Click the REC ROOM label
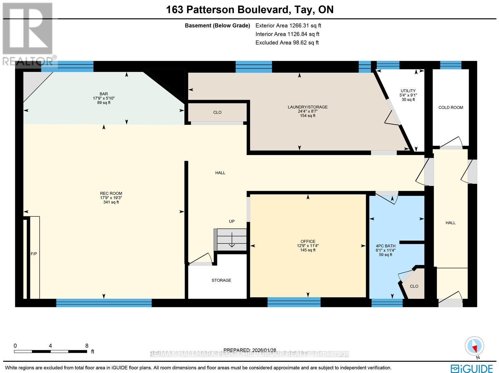[111, 193]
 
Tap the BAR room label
[104, 94]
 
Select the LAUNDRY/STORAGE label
[308, 107]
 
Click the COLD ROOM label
[451, 108]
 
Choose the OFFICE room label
[308, 241]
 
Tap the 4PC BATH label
[385, 246]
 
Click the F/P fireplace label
[34, 254]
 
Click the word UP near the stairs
[232, 221]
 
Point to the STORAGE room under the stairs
[221, 280]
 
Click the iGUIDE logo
[472, 368]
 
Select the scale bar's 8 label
[87, 346]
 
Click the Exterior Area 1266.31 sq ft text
[288, 26]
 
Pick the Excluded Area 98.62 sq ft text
[287, 43]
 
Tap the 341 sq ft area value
[111, 202]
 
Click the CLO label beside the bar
[217, 112]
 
